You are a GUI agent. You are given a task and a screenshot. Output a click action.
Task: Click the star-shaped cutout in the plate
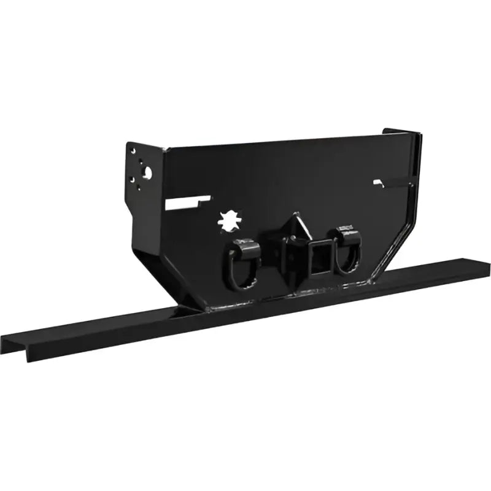click(x=228, y=219)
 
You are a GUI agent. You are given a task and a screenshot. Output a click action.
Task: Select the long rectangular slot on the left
click(x=188, y=202)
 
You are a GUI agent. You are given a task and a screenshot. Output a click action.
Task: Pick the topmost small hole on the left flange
click(x=130, y=147)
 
